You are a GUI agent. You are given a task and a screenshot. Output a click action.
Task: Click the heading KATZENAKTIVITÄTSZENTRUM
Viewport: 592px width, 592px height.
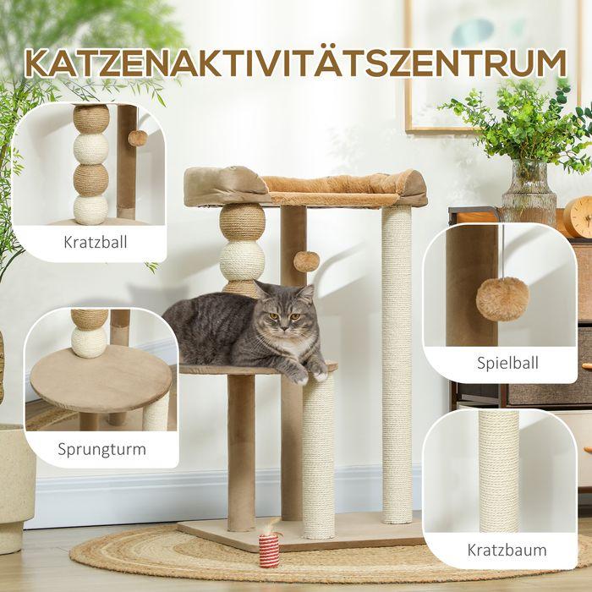[296, 63]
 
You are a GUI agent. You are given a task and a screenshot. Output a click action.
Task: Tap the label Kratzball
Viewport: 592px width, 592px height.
[96, 243]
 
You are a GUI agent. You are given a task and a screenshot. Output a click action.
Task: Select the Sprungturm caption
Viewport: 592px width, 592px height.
[101, 448]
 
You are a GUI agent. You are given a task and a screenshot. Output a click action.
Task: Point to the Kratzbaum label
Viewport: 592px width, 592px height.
[507, 550]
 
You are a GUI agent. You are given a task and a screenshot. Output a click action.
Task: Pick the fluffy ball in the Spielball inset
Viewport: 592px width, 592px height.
[502, 298]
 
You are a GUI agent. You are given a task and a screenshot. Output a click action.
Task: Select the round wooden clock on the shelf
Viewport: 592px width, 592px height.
[578, 217]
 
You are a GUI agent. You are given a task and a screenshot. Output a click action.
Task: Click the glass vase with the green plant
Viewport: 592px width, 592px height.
[529, 193]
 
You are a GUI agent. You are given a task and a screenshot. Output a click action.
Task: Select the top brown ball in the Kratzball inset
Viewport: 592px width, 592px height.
[90, 120]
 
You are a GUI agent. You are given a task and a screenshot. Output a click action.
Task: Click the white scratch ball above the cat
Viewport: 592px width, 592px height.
[242, 258]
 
